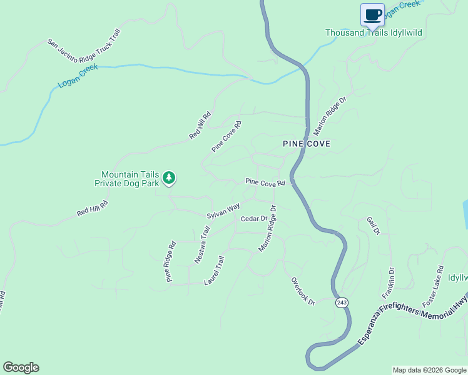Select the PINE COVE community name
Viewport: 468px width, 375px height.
pyautogui.click(x=307, y=144)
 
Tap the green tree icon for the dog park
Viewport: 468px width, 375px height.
pyautogui.click(x=168, y=178)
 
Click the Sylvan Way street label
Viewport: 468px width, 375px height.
pyautogui.click(x=223, y=211)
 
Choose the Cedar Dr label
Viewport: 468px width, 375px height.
pyautogui.click(x=253, y=219)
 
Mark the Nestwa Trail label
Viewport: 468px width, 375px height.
pyautogui.click(x=202, y=244)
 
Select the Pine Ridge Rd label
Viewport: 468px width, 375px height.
pyautogui.click(x=171, y=262)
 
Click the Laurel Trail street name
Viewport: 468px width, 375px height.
pyautogui.click(x=214, y=271)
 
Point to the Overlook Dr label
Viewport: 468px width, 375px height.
pyautogui.click(x=303, y=291)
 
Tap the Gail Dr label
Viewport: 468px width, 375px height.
pyautogui.click(x=373, y=226)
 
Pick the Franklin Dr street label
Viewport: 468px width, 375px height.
pyautogui.click(x=389, y=283)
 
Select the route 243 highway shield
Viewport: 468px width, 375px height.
pyautogui.click(x=341, y=302)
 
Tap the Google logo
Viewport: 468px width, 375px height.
pyautogui.click(x=21, y=367)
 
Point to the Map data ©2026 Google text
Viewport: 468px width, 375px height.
pyautogui.click(x=429, y=370)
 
